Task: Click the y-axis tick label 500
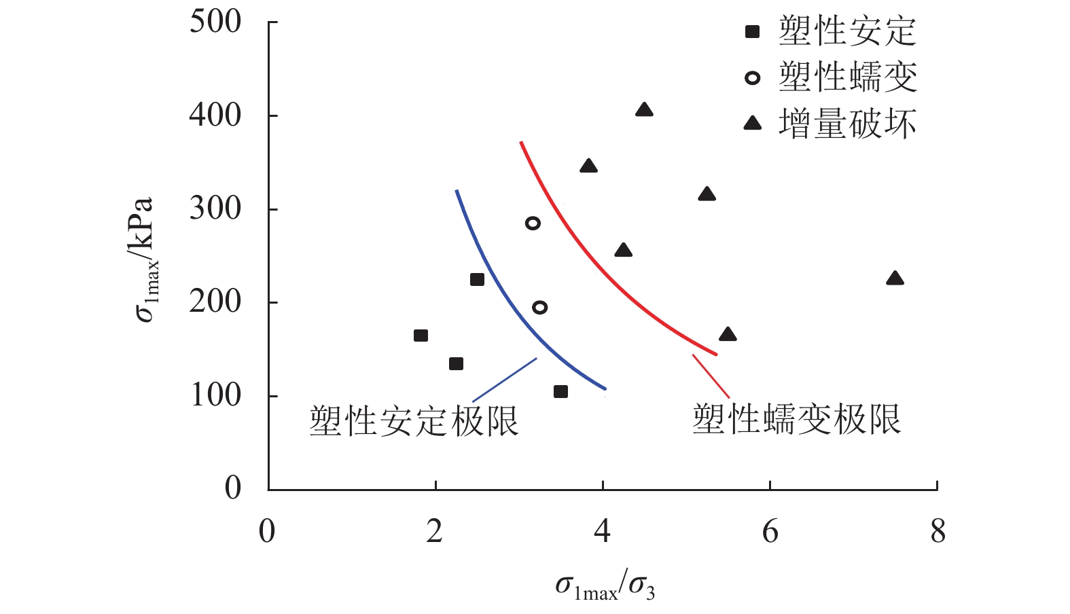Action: pyautogui.click(x=215, y=22)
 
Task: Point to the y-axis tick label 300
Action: pyautogui.click(x=215, y=209)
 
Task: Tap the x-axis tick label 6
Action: pyautogui.click(x=770, y=531)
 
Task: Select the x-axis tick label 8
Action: pyautogui.click(x=938, y=531)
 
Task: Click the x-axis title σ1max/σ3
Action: pyautogui.click(x=605, y=586)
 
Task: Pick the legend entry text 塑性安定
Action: pyautogui.click(x=847, y=32)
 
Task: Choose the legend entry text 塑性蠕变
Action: pyautogui.click(x=847, y=77)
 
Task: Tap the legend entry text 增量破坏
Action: pyautogui.click(x=847, y=124)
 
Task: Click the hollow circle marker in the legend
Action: pyautogui.click(x=752, y=77)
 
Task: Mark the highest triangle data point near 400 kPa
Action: pyautogui.click(x=644, y=110)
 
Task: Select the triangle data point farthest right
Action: pyautogui.click(x=895, y=278)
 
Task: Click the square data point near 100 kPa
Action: pyautogui.click(x=560, y=392)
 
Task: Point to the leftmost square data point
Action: pyautogui.click(x=421, y=336)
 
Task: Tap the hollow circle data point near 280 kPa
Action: pyautogui.click(x=533, y=223)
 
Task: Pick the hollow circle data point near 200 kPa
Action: pyautogui.click(x=540, y=307)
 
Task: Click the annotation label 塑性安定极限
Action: pyautogui.click(x=414, y=421)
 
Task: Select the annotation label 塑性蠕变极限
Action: pyautogui.click(x=796, y=419)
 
